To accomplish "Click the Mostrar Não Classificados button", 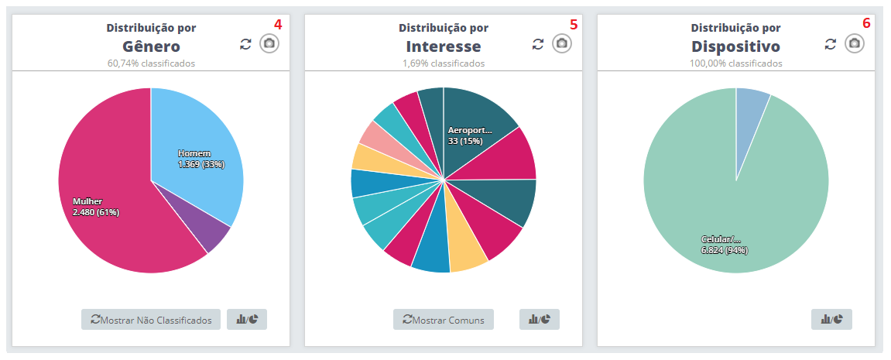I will point(151,320).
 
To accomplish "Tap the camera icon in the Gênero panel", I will point(269,43).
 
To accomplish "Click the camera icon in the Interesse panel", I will point(562,43).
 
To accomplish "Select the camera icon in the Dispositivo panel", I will point(855,43).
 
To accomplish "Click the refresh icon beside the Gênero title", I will point(246,44).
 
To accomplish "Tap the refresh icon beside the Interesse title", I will point(539,44).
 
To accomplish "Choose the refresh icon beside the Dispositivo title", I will point(831,44).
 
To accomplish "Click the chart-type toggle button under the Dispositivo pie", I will point(831,319).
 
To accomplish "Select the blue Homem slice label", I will point(200,159).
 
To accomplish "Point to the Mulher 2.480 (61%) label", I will point(95,207).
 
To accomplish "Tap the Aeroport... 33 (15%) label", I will point(470,135).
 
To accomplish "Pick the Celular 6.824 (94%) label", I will point(724,244).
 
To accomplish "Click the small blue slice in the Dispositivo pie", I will point(751,105).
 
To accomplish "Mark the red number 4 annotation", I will point(278,24).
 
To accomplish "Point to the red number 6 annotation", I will point(866,24).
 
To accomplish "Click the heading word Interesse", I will point(443,46).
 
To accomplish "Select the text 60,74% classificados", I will point(151,63).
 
